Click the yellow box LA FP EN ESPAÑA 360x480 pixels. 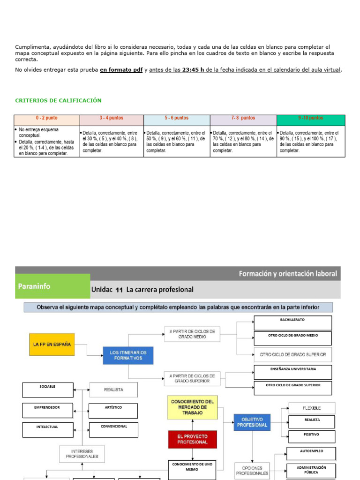tap(52, 344)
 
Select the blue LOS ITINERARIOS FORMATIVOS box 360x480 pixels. tap(128, 355)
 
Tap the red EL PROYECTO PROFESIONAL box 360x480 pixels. tap(192, 439)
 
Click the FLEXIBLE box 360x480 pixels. tap(312, 408)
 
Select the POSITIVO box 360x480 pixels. tap(311, 437)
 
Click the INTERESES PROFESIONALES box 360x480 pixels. tap(82, 453)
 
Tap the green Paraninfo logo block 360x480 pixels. tap(52, 286)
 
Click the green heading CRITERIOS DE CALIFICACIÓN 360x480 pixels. tap(58, 101)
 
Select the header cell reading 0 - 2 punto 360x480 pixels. tap(47, 118)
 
